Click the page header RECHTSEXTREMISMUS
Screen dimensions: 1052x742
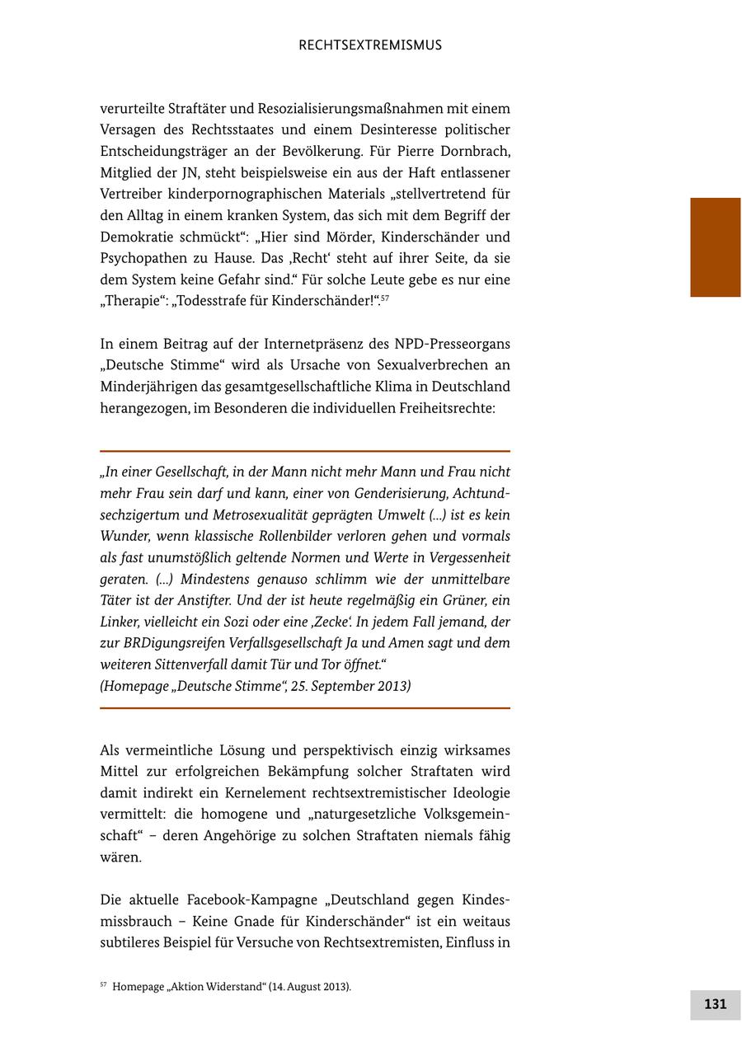(370, 45)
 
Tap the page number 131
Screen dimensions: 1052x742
(715, 1004)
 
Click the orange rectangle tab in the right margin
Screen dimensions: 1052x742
(715, 247)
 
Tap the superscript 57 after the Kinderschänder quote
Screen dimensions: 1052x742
(384, 297)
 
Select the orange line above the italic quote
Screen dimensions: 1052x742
(305, 451)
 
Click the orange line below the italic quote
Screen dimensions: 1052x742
(305, 707)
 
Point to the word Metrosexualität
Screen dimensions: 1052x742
(254, 515)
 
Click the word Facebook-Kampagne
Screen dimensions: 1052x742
(248, 899)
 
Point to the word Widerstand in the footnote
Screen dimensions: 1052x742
(231, 987)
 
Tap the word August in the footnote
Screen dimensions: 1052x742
(306, 987)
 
